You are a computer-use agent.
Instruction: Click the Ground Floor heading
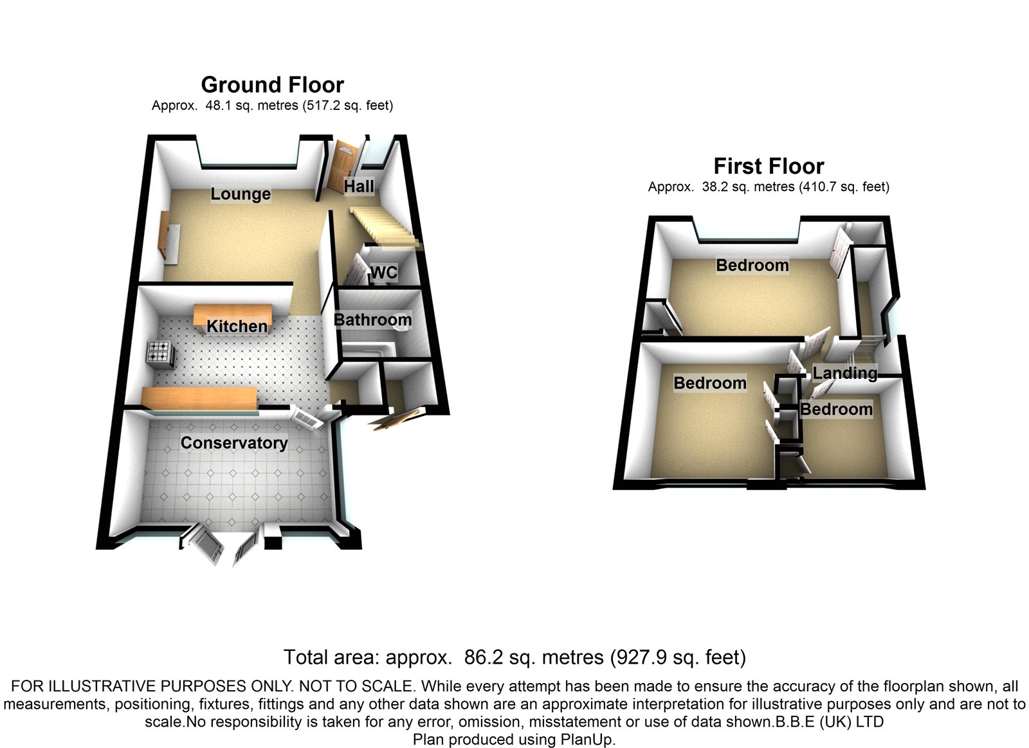click(x=272, y=85)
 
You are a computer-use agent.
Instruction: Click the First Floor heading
click(x=769, y=167)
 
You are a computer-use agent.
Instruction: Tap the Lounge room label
click(x=241, y=194)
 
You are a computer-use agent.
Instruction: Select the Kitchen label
click(x=237, y=326)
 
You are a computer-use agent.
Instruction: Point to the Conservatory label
click(x=234, y=443)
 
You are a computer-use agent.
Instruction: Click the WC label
click(x=384, y=273)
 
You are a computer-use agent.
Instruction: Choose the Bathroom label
click(x=372, y=320)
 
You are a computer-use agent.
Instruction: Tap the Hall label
click(x=359, y=187)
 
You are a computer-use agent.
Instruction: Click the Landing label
click(x=844, y=373)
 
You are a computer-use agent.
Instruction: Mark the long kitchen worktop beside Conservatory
click(x=199, y=397)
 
